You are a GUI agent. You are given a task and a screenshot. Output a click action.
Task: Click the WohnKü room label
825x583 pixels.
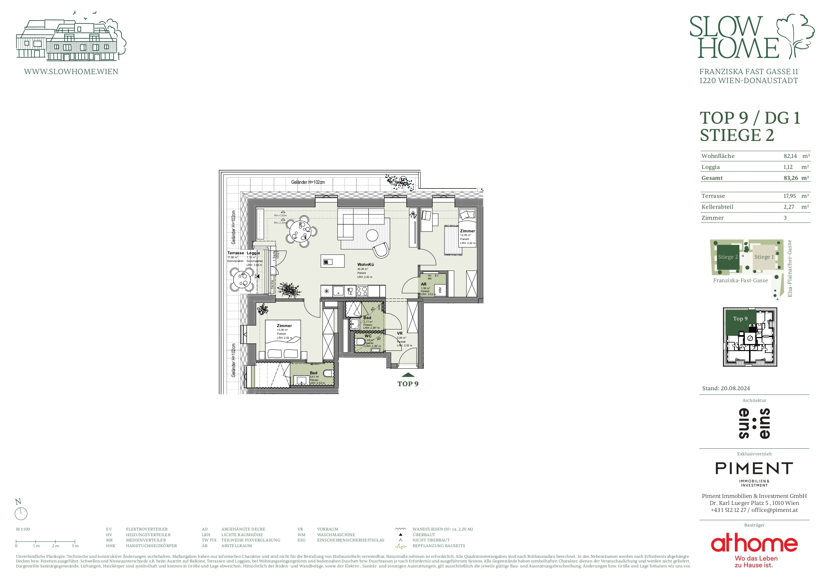pyautogui.click(x=365, y=264)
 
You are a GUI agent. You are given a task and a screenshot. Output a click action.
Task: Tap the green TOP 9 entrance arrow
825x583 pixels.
pyautogui.click(x=408, y=375)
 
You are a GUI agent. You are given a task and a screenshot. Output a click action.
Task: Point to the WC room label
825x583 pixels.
pyautogui.click(x=368, y=336)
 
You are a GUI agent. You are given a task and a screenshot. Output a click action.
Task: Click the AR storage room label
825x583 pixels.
pyautogui.click(x=424, y=284)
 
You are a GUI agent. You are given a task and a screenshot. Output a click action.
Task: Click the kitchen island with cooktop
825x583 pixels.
pyautogui.click(x=333, y=261)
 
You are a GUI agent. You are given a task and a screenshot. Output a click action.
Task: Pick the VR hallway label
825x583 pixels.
pyautogui.click(x=400, y=333)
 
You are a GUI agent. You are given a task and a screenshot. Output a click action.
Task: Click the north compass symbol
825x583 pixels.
pyautogui.click(x=21, y=513)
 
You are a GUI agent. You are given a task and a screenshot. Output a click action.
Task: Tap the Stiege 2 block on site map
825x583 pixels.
pyautogui.click(x=728, y=257)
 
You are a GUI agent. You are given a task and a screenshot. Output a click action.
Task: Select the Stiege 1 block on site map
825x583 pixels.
pyautogui.click(x=763, y=257)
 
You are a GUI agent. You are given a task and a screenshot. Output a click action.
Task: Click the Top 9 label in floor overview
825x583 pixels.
pyautogui.click(x=740, y=319)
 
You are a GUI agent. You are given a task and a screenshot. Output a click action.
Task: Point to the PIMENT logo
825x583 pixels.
pyautogui.click(x=754, y=468)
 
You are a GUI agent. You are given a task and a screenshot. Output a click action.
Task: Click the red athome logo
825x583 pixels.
pyautogui.click(x=754, y=544)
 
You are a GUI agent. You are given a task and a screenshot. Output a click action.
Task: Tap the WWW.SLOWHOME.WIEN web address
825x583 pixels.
pyautogui.click(x=71, y=71)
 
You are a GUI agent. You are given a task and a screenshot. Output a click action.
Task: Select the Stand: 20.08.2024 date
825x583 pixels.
pyautogui.click(x=726, y=388)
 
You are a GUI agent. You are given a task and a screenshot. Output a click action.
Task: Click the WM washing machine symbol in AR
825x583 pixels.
pyautogui.click(x=440, y=290)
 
